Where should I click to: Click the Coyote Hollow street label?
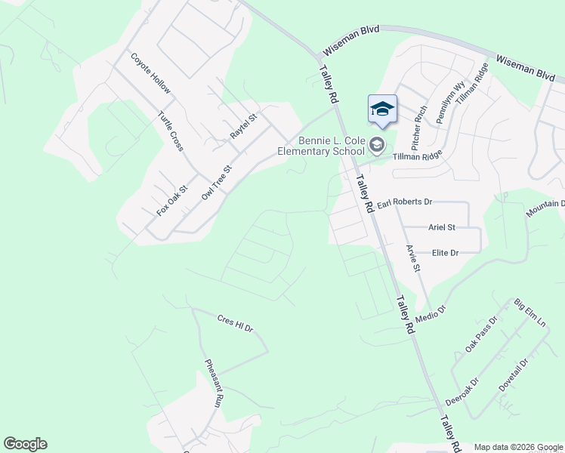point(151,74)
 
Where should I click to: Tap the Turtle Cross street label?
point(170,131)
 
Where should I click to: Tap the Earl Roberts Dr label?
point(404,202)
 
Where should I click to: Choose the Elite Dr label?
point(446,253)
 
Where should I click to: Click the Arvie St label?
point(412,257)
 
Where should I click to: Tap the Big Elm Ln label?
point(529,313)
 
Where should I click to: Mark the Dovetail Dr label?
point(514,374)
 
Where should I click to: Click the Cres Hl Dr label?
point(235,323)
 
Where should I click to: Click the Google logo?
point(25,444)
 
